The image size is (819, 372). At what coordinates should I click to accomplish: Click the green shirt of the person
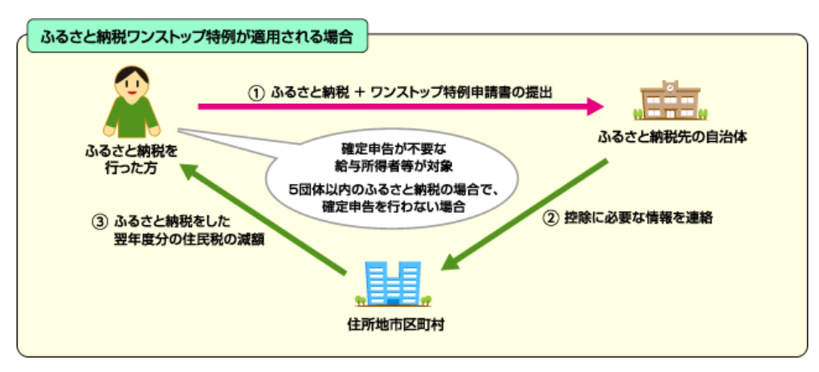(131, 115)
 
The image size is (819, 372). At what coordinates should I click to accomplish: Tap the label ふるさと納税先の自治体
(673, 136)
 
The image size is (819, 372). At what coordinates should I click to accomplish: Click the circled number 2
(551, 219)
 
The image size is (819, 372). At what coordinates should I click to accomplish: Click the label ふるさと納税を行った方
(130, 159)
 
